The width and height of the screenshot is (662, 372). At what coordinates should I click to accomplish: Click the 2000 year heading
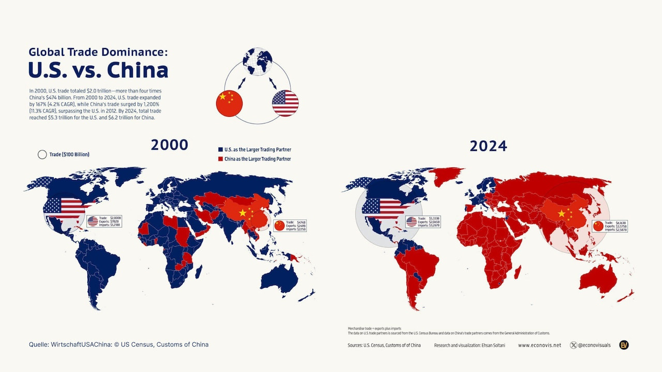(170, 145)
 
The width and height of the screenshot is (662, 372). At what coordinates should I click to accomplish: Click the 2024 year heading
(488, 146)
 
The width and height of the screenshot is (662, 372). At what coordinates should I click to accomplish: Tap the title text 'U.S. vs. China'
(98, 70)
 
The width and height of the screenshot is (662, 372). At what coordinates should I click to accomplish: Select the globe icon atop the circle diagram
(259, 61)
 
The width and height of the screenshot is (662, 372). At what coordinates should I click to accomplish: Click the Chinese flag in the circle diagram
(229, 103)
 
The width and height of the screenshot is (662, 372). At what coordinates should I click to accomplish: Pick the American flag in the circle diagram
(285, 103)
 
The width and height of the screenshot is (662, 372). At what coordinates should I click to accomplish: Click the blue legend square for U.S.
(220, 150)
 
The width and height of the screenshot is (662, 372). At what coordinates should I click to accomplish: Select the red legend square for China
(220, 159)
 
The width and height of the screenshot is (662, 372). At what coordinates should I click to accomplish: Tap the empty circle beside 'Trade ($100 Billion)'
(42, 154)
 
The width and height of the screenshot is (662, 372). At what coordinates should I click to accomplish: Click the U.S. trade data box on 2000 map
(104, 222)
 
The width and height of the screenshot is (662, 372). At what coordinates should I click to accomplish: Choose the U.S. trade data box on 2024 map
(423, 222)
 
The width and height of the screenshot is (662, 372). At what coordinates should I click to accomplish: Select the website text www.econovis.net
(539, 345)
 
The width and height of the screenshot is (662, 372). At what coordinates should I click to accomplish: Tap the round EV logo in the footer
(624, 345)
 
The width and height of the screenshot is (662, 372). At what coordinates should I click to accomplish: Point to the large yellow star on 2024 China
(562, 213)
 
